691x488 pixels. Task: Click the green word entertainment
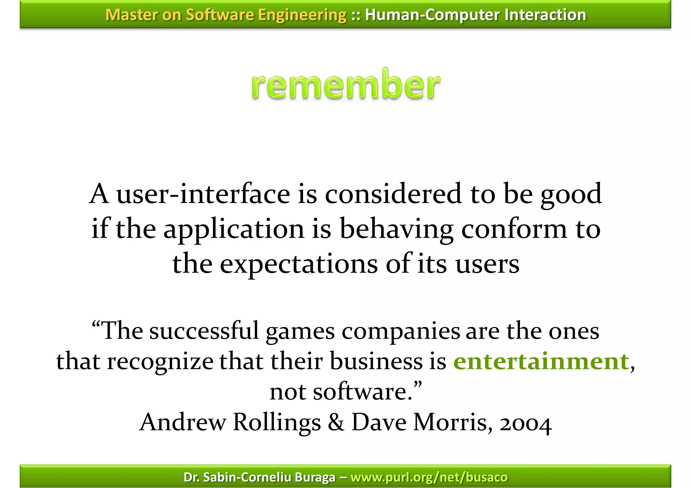pyautogui.click(x=541, y=362)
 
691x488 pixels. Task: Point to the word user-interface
pyautogui.click(x=203, y=194)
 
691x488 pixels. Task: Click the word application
pyautogui.click(x=234, y=229)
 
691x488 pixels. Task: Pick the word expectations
pyautogui.click(x=299, y=264)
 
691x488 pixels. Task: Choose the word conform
pyautogui.click(x=514, y=229)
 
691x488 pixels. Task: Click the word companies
pyautogui.click(x=400, y=332)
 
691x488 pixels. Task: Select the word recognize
pyautogui.click(x=160, y=362)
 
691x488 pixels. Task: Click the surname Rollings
pyautogui.click(x=277, y=423)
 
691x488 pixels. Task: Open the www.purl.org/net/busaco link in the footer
pyautogui.click(x=429, y=477)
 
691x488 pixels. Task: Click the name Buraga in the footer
pyautogui.click(x=315, y=477)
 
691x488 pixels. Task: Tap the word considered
pyautogui.click(x=393, y=194)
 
